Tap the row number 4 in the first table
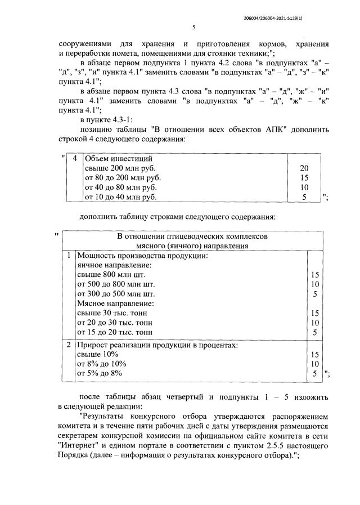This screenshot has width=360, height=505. [75, 159]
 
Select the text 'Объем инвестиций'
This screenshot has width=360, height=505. [118, 159]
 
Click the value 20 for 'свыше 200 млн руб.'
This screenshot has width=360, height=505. [304, 168]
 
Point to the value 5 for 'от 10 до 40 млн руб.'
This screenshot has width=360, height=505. [304, 197]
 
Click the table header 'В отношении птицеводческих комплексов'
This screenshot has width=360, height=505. [192, 236]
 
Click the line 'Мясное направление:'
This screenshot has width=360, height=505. [115, 303]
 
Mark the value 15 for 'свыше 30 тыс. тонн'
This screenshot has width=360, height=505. [315, 313]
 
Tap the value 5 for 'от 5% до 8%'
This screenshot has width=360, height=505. [315, 373]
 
